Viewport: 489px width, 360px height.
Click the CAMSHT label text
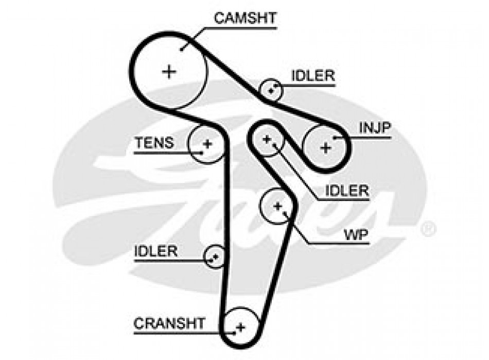(245, 19)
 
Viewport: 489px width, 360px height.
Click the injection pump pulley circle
(325, 148)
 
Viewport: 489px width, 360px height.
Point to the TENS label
(154, 142)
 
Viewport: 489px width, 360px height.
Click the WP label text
(356, 235)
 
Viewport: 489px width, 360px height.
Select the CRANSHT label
(169, 323)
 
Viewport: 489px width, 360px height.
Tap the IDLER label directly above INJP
(313, 76)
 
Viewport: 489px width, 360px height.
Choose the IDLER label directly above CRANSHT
(155, 251)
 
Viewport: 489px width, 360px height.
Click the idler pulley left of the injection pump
(267, 139)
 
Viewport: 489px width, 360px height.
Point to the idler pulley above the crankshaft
(215, 256)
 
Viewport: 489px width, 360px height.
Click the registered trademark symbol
(428, 228)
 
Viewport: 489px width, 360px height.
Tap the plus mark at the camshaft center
(169, 71)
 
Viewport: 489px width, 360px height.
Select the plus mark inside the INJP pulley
(325, 148)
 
